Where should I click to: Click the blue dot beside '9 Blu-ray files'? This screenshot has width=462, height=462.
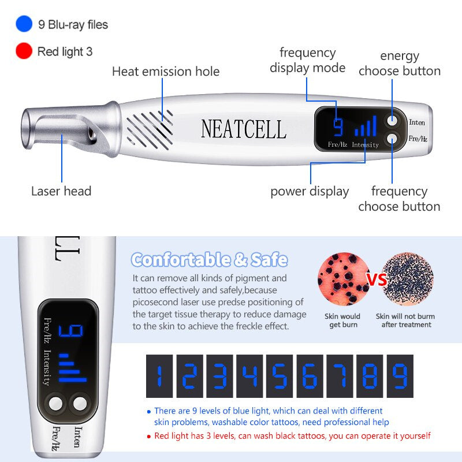pos(24,24)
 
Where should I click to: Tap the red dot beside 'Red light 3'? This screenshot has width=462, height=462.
pos(24,51)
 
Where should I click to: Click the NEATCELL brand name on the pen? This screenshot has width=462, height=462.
pos(243,129)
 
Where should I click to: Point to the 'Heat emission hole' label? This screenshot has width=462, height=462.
pos(166,72)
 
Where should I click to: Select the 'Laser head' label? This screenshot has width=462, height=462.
pos(61,191)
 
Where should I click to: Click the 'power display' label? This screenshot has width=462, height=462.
pos(310,191)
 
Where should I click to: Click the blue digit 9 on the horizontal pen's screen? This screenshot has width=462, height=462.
pos(338,126)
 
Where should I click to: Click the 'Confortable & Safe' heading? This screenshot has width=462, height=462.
pos(209,259)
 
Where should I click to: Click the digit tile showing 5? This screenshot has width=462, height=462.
pos(280,376)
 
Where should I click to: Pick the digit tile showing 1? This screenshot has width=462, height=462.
pos(159,376)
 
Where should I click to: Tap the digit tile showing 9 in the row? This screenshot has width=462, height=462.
pos(400,376)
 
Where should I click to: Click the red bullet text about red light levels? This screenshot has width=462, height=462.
pos(292,436)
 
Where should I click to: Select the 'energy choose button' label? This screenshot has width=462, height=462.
pos(399,64)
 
